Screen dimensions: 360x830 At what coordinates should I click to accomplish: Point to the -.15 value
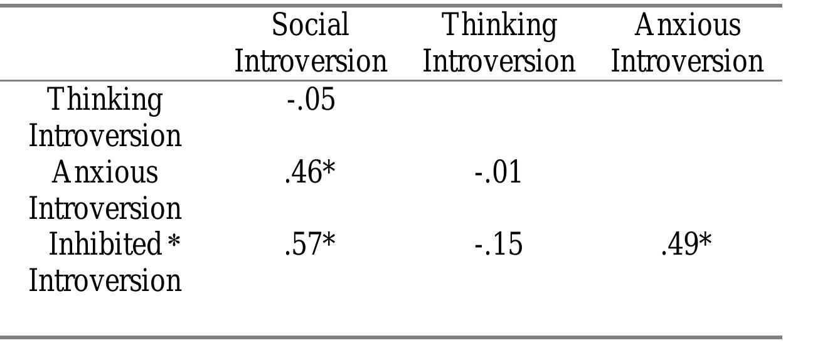[497, 245]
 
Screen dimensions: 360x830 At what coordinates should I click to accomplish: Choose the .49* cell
[686, 245]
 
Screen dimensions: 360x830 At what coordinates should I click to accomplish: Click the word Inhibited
[105, 245]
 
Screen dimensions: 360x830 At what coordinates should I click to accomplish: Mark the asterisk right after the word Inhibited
[174, 241]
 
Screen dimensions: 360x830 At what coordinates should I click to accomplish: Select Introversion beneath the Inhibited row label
[105, 280]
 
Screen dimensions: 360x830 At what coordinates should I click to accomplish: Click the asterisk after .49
[706, 241]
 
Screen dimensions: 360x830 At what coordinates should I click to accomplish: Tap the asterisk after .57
[329, 241]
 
